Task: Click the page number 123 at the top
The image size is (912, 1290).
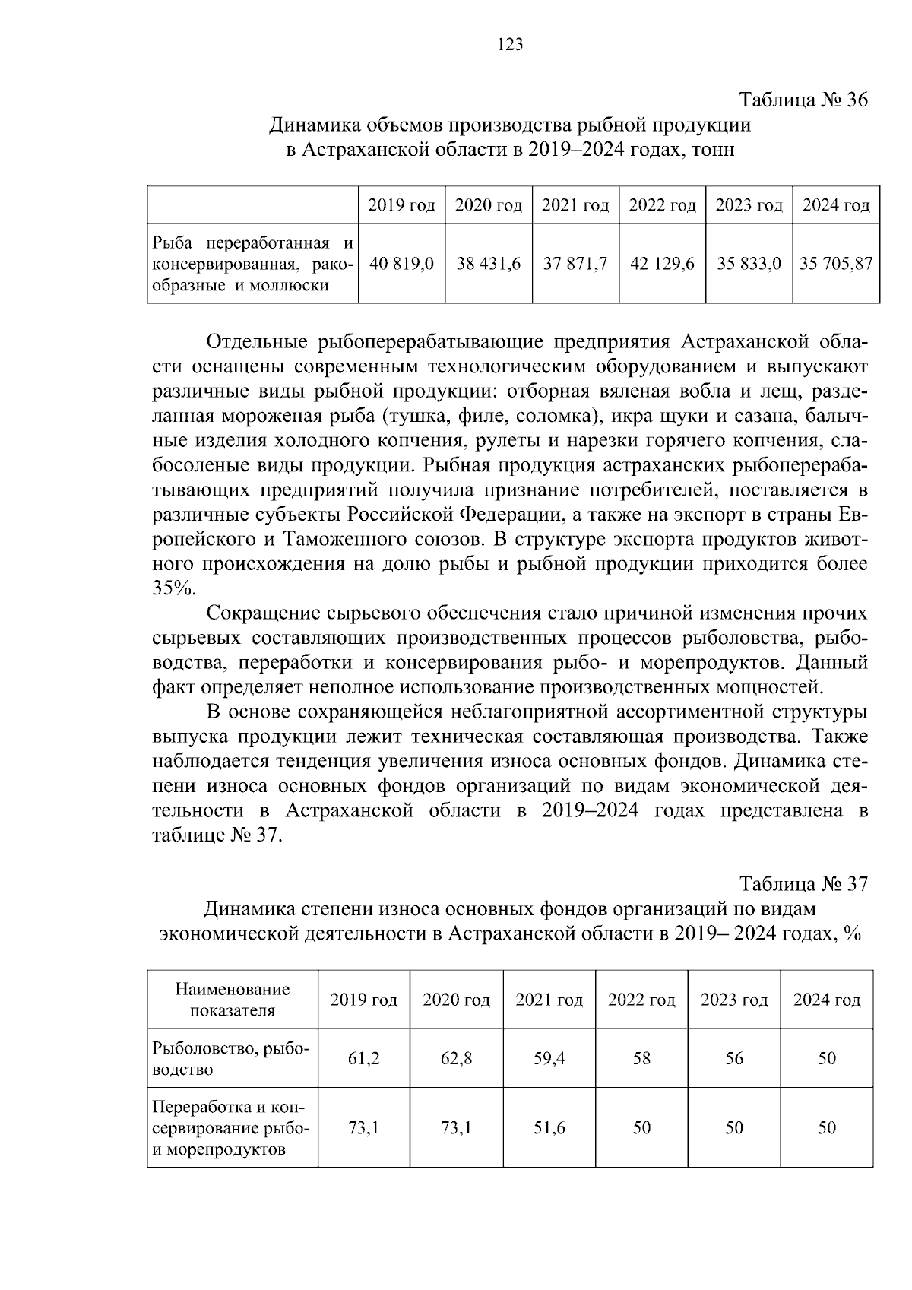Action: (510, 45)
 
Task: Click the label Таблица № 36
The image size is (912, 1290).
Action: (803, 100)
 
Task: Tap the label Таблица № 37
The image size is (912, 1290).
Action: (803, 884)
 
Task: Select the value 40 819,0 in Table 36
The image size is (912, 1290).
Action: (401, 264)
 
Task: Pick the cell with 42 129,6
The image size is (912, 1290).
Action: (662, 264)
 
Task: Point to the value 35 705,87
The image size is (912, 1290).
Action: (836, 264)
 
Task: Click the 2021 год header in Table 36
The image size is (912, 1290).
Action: (575, 205)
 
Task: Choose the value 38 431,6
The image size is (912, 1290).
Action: (488, 264)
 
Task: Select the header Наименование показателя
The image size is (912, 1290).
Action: (233, 1000)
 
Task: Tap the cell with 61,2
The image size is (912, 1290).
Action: (363, 1058)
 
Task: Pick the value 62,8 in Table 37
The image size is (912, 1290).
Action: (456, 1058)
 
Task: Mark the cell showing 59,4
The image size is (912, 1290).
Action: (549, 1058)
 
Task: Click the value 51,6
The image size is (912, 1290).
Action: (549, 1127)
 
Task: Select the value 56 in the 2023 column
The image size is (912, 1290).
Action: (733, 1058)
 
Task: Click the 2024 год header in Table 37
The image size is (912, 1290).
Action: (827, 1000)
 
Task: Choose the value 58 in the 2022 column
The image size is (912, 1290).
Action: (641, 1058)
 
